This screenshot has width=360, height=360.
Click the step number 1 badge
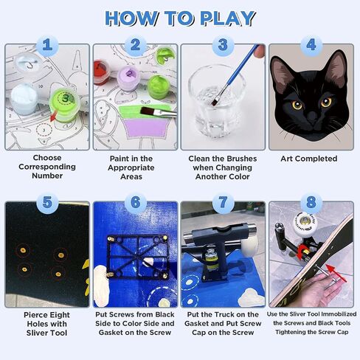tap(47, 45)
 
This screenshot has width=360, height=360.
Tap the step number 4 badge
tap(311, 45)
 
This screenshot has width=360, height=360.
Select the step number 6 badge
tap(135, 203)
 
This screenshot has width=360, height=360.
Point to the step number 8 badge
tap(311, 203)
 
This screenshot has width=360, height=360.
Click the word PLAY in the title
tap(227, 18)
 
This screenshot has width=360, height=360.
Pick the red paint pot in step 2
tap(101, 72)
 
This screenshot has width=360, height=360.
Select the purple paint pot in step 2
tap(128, 77)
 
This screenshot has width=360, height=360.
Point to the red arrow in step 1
tap(54, 116)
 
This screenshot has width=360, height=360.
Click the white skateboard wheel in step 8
tap(305, 224)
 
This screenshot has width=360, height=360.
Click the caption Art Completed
tap(309, 159)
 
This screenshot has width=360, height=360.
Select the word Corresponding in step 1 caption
tap(47, 167)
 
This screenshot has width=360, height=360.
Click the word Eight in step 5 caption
tap(59, 315)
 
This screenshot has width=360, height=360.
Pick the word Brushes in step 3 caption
tap(241, 159)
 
